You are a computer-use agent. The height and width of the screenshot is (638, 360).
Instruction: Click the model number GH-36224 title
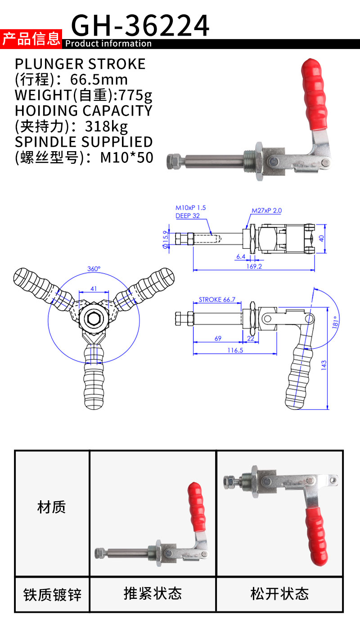coord(140,26)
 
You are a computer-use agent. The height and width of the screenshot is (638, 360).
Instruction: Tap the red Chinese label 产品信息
coord(31,39)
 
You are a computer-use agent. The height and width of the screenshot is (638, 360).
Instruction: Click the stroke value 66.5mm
coord(99,80)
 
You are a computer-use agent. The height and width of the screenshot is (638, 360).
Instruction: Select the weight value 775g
coord(135,95)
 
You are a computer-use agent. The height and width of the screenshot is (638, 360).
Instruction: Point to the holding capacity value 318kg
coord(106,126)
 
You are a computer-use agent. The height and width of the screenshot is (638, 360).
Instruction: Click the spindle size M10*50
coord(127,157)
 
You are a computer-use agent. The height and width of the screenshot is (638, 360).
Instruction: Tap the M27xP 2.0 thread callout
coord(266,211)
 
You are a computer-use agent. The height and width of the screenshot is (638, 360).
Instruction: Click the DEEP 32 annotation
coord(187,216)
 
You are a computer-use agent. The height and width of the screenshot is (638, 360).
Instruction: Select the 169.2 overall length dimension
coord(254,266)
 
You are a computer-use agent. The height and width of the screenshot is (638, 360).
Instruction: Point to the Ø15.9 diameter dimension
coord(166,239)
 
